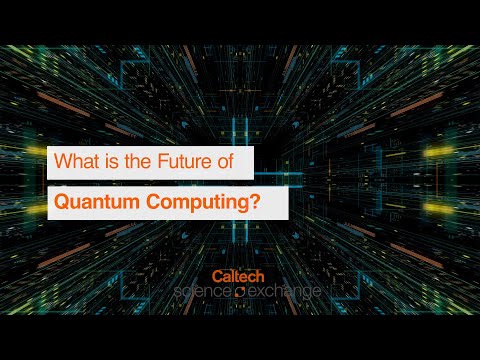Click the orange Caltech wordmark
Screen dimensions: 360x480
pos(238,274)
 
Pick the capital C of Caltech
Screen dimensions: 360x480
pos(217,274)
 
